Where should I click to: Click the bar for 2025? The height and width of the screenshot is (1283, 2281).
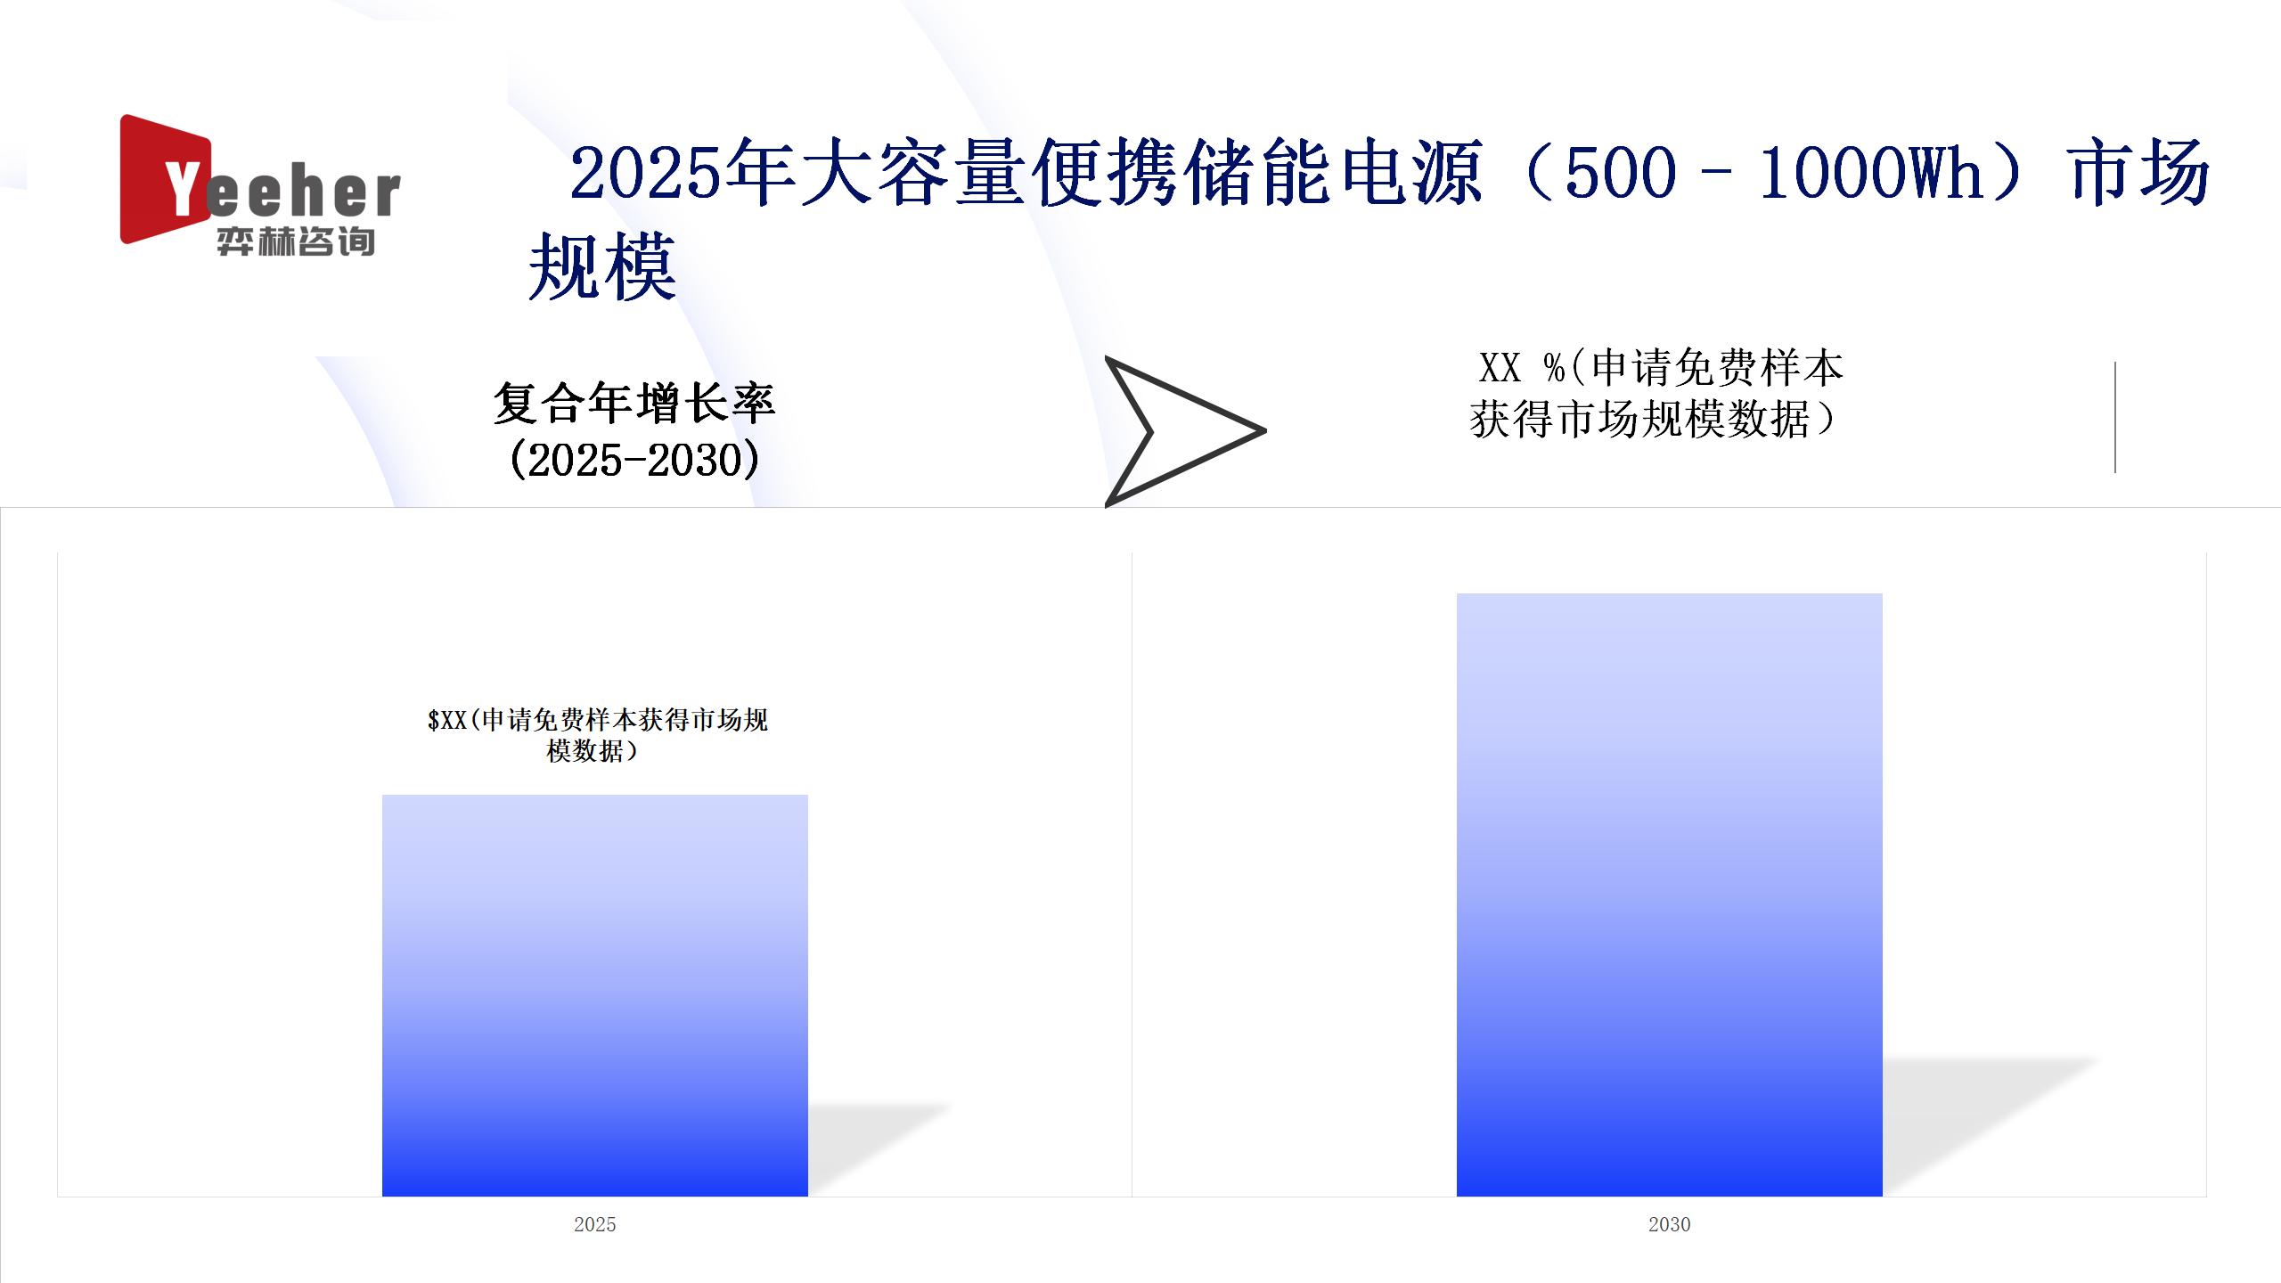pyautogui.click(x=595, y=995)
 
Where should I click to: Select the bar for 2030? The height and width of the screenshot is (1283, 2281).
pyautogui.click(x=1670, y=895)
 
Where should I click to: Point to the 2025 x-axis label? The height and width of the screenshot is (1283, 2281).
pyautogui.click(x=595, y=1224)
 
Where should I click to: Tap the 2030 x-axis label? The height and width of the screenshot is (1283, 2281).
pyautogui.click(x=1670, y=1224)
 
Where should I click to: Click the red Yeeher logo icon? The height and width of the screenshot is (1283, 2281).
pyautogui.click(x=165, y=178)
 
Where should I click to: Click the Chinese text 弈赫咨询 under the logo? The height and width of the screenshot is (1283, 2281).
pyautogui.click(x=296, y=241)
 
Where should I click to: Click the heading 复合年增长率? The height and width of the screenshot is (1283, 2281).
pyautogui.click(x=634, y=403)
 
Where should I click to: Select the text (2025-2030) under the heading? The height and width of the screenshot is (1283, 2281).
pyautogui.click(x=634, y=460)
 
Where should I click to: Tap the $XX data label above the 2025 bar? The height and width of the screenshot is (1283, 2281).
pyautogui.click(x=597, y=735)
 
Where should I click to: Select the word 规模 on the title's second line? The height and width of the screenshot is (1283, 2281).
pyautogui.click(x=603, y=267)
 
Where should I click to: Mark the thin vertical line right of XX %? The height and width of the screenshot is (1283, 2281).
pyautogui.click(x=2114, y=417)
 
